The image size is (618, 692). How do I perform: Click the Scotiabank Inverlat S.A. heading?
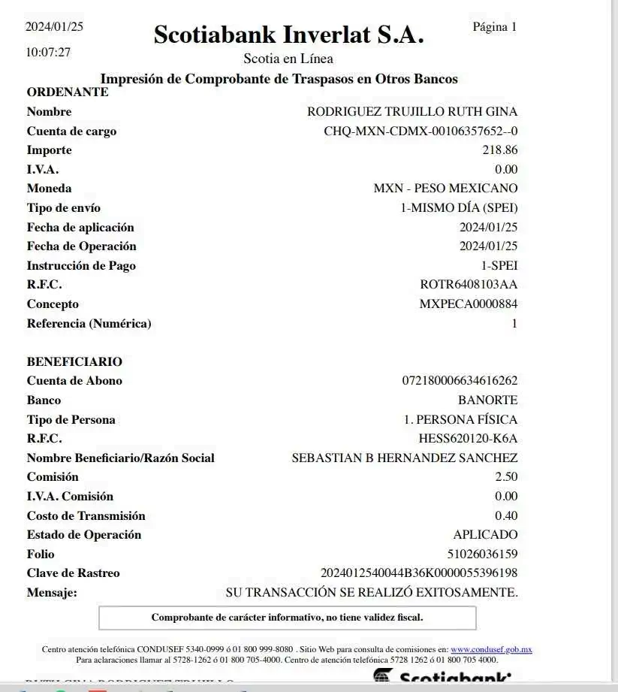[x=289, y=35]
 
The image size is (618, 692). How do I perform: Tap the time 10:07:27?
[x=49, y=53]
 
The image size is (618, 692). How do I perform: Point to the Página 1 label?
[x=495, y=27]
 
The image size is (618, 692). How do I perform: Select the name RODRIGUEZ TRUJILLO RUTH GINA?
[x=412, y=112]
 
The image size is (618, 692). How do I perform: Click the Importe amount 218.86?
[x=500, y=150]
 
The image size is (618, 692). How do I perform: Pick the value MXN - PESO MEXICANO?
[x=445, y=188]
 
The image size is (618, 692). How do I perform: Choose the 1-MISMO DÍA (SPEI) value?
[x=458, y=207]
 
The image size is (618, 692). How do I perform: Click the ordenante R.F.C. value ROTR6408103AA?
[x=469, y=285]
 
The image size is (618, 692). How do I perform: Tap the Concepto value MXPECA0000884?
[x=469, y=304]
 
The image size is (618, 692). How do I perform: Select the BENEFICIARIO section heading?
[x=74, y=361]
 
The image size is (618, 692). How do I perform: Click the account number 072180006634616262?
[x=460, y=381]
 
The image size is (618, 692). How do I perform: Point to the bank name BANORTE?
[x=487, y=400]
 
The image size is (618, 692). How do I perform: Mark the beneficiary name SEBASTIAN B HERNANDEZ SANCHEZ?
[x=404, y=458]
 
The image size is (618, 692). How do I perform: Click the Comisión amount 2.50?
[x=506, y=477]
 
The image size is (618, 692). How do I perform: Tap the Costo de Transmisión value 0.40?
[x=506, y=515]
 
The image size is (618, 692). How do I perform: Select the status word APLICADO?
[x=485, y=535]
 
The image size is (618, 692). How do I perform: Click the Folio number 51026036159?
[x=483, y=555]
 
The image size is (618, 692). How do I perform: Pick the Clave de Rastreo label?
[x=73, y=573]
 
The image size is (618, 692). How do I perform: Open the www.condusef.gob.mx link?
[x=491, y=649]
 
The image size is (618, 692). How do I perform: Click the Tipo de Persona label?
[x=71, y=419]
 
